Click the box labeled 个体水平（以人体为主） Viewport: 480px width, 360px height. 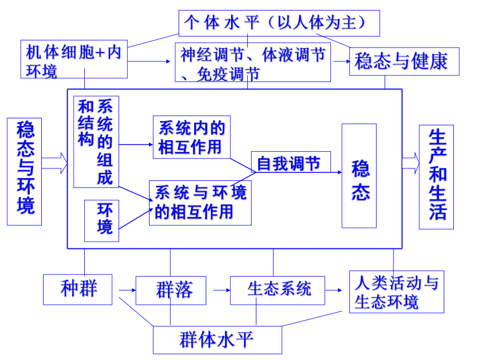(x=279, y=23)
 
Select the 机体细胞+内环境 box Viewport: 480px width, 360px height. (x=74, y=59)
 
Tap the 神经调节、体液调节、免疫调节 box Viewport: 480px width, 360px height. (x=253, y=62)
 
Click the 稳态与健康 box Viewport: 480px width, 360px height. (x=404, y=61)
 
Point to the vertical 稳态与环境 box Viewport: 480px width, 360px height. (x=25, y=171)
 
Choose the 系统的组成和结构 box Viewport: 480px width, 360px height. (x=96, y=142)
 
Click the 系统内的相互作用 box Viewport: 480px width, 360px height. (x=191, y=137)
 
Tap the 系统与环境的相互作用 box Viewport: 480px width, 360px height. (x=200, y=203)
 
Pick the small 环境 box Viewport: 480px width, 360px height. (x=102, y=220)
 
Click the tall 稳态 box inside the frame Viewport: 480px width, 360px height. (x=359, y=176)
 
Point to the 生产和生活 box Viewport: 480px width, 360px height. (x=436, y=177)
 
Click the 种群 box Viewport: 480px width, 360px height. (x=78, y=290)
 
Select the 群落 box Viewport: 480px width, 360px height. (x=171, y=290)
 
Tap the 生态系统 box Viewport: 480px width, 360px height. (x=277, y=290)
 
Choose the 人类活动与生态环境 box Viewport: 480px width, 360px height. (x=397, y=292)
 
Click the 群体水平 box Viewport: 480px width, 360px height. (x=217, y=340)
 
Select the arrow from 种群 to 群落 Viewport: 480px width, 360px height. (x=127, y=290)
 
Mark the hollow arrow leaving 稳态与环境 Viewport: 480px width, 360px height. (x=55, y=163)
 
